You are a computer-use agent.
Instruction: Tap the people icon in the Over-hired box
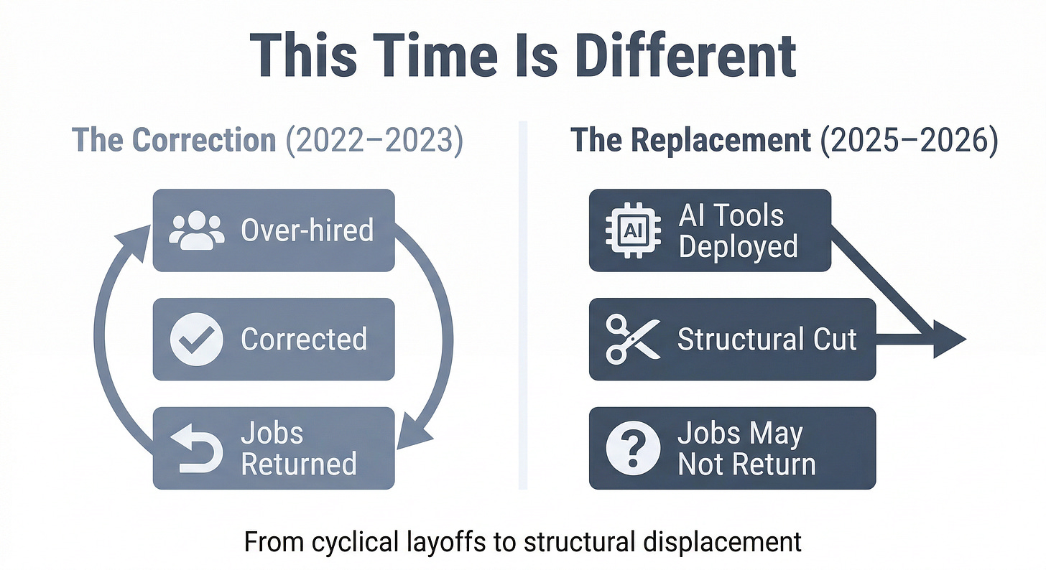point(192,230)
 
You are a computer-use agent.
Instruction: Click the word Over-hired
point(307,230)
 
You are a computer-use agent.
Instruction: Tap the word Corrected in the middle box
point(304,340)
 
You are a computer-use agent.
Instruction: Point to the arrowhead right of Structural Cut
point(947,340)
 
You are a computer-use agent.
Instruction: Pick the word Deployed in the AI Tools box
point(738,246)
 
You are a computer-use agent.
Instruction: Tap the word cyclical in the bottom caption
point(343,542)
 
